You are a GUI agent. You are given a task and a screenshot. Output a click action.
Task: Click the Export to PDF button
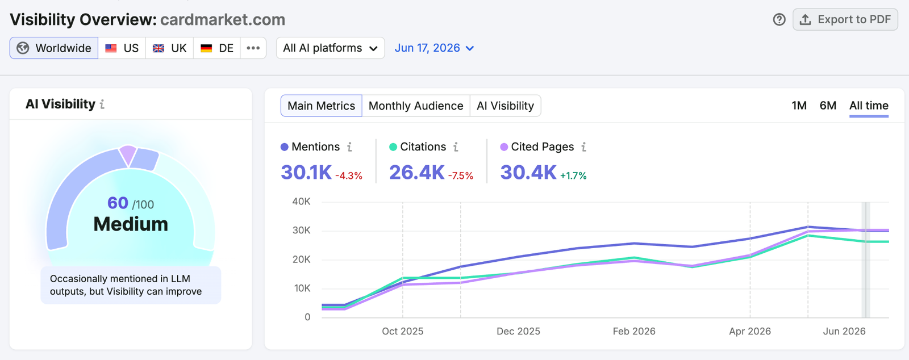(845, 19)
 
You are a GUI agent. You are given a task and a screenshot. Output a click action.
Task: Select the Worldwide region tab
(54, 48)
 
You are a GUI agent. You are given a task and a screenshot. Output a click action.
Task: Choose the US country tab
(122, 48)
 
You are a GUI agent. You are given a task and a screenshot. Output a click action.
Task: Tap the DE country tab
(216, 48)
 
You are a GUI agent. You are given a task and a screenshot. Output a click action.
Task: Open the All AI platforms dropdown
(330, 48)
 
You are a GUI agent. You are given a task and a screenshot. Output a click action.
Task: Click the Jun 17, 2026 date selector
(434, 48)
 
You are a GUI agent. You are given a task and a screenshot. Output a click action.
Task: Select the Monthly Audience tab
(416, 106)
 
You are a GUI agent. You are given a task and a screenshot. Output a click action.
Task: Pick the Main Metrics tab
(322, 106)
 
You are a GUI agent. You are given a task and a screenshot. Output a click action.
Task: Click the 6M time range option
(828, 106)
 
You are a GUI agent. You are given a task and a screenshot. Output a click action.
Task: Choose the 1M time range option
(799, 106)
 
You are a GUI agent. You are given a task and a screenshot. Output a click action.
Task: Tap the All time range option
(869, 106)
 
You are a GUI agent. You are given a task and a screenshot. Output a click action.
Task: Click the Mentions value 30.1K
(306, 172)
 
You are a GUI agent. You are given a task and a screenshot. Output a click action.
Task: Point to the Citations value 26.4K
(417, 172)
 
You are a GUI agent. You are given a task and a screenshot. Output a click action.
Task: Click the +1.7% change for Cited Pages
(573, 175)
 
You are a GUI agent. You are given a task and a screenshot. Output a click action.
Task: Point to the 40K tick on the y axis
(301, 202)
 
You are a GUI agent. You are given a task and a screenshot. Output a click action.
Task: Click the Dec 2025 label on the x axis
(518, 331)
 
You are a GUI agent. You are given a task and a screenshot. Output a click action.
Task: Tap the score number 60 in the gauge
(118, 203)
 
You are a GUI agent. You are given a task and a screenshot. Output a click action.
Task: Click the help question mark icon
(779, 19)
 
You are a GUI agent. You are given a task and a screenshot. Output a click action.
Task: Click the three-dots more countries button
(253, 48)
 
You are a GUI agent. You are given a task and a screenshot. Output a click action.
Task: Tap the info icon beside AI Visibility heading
(102, 104)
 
